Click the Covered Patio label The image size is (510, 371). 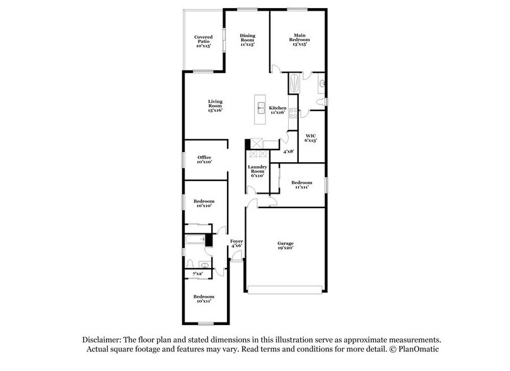click(204, 42)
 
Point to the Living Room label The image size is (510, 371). click(216, 106)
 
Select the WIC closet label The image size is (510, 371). click(310, 138)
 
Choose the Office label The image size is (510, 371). click(204, 160)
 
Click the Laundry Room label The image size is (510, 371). click(257, 170)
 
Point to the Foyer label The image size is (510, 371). click(236, 244)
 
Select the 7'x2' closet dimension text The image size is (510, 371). click(197, 274)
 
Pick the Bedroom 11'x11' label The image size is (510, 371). click(303, 185)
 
